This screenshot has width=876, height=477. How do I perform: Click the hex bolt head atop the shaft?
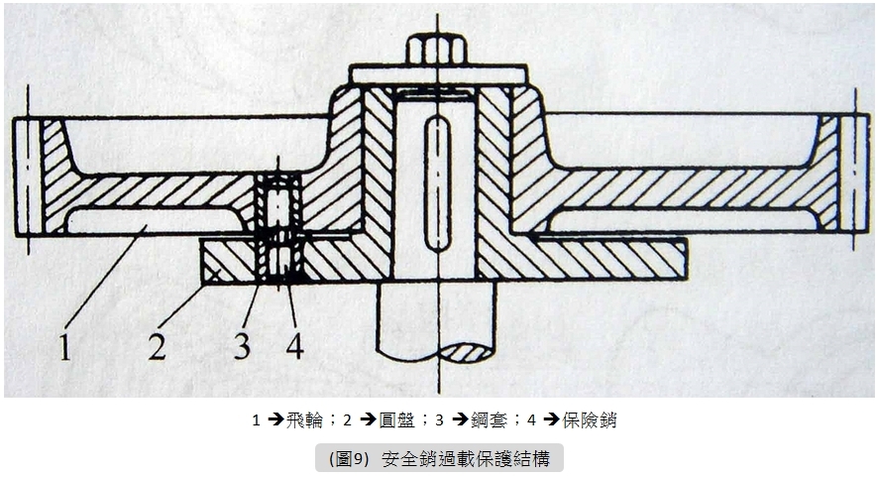436,50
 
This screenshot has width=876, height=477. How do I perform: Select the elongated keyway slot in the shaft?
437,182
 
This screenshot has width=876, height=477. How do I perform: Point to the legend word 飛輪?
305,419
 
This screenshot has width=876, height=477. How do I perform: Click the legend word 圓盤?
397,419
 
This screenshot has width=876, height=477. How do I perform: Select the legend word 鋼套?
490,419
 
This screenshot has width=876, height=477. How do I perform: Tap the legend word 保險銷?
590,419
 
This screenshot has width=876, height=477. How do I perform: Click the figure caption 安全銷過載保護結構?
467,458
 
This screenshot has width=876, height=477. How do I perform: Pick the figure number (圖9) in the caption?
349,458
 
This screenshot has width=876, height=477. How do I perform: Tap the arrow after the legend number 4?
552,419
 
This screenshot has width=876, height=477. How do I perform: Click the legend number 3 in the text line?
439,419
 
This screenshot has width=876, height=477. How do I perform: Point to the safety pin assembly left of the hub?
278,226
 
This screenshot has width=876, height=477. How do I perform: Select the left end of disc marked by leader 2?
202,261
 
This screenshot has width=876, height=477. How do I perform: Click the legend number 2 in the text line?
347,419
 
